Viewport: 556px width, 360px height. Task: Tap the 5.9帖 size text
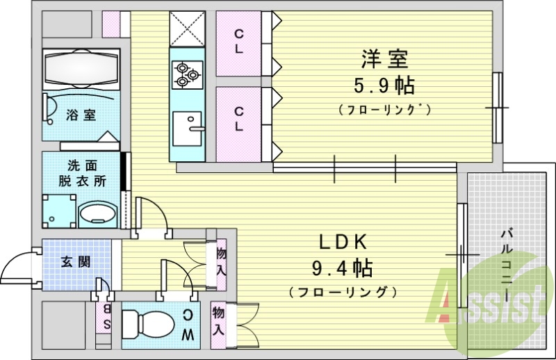click(384, 85)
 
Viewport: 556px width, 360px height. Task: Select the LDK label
click(342, 242)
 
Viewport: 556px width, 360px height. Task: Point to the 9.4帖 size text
click(343, 268)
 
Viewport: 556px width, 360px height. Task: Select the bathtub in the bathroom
click(81, 69)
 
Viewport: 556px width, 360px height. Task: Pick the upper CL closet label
click(238, 41)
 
